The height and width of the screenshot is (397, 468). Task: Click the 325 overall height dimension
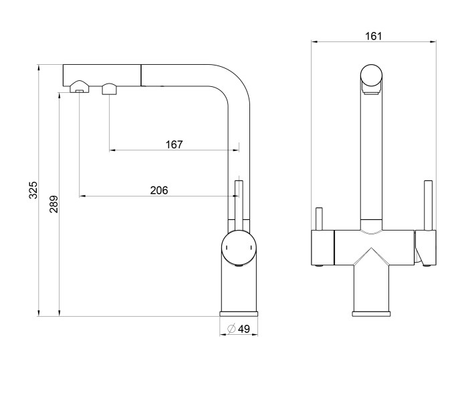pos(33,190)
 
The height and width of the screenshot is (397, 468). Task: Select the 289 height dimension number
pos(53,204)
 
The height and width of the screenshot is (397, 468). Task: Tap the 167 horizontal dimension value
pos(174,144)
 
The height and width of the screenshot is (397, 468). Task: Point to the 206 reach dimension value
pos(159,190)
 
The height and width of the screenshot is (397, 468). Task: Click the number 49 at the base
pos(244,329)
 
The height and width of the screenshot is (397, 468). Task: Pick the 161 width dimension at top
pos(373,36)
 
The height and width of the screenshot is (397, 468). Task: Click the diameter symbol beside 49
pos(231,329)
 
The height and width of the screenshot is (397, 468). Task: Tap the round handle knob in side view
pos(239,247)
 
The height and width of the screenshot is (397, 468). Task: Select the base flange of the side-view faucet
pos(239,313)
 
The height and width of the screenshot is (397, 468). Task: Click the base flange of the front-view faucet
pos(371,313)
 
